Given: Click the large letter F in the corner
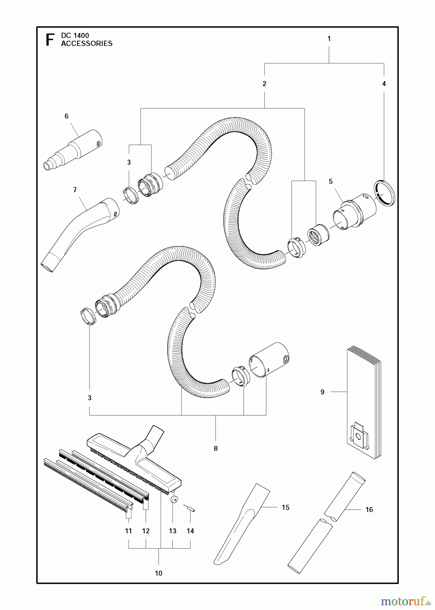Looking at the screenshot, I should (50, 40).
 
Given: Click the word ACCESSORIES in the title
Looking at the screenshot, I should (87, 44).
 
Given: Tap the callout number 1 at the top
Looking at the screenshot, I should (329, 39).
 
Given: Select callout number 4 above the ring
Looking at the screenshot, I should (384, 84).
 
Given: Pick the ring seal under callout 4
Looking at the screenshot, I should (385, 194).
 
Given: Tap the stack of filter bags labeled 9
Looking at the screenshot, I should (363, 403).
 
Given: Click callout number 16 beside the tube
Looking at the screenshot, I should (369, 510).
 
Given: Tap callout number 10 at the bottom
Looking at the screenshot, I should (159, 573).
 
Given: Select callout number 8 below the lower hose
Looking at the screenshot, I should (215, 449).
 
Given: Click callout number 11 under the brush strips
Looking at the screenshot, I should (128, 531).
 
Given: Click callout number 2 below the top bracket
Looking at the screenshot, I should (264, 84).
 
